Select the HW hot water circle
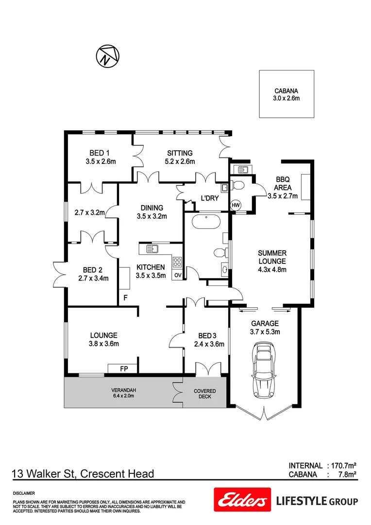236,205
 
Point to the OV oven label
178,275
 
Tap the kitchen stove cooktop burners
177,262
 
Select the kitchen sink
153,249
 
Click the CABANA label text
286,91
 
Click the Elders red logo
241,501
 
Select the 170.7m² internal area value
344,465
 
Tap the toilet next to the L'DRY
237,185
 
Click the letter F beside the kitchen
125,297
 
